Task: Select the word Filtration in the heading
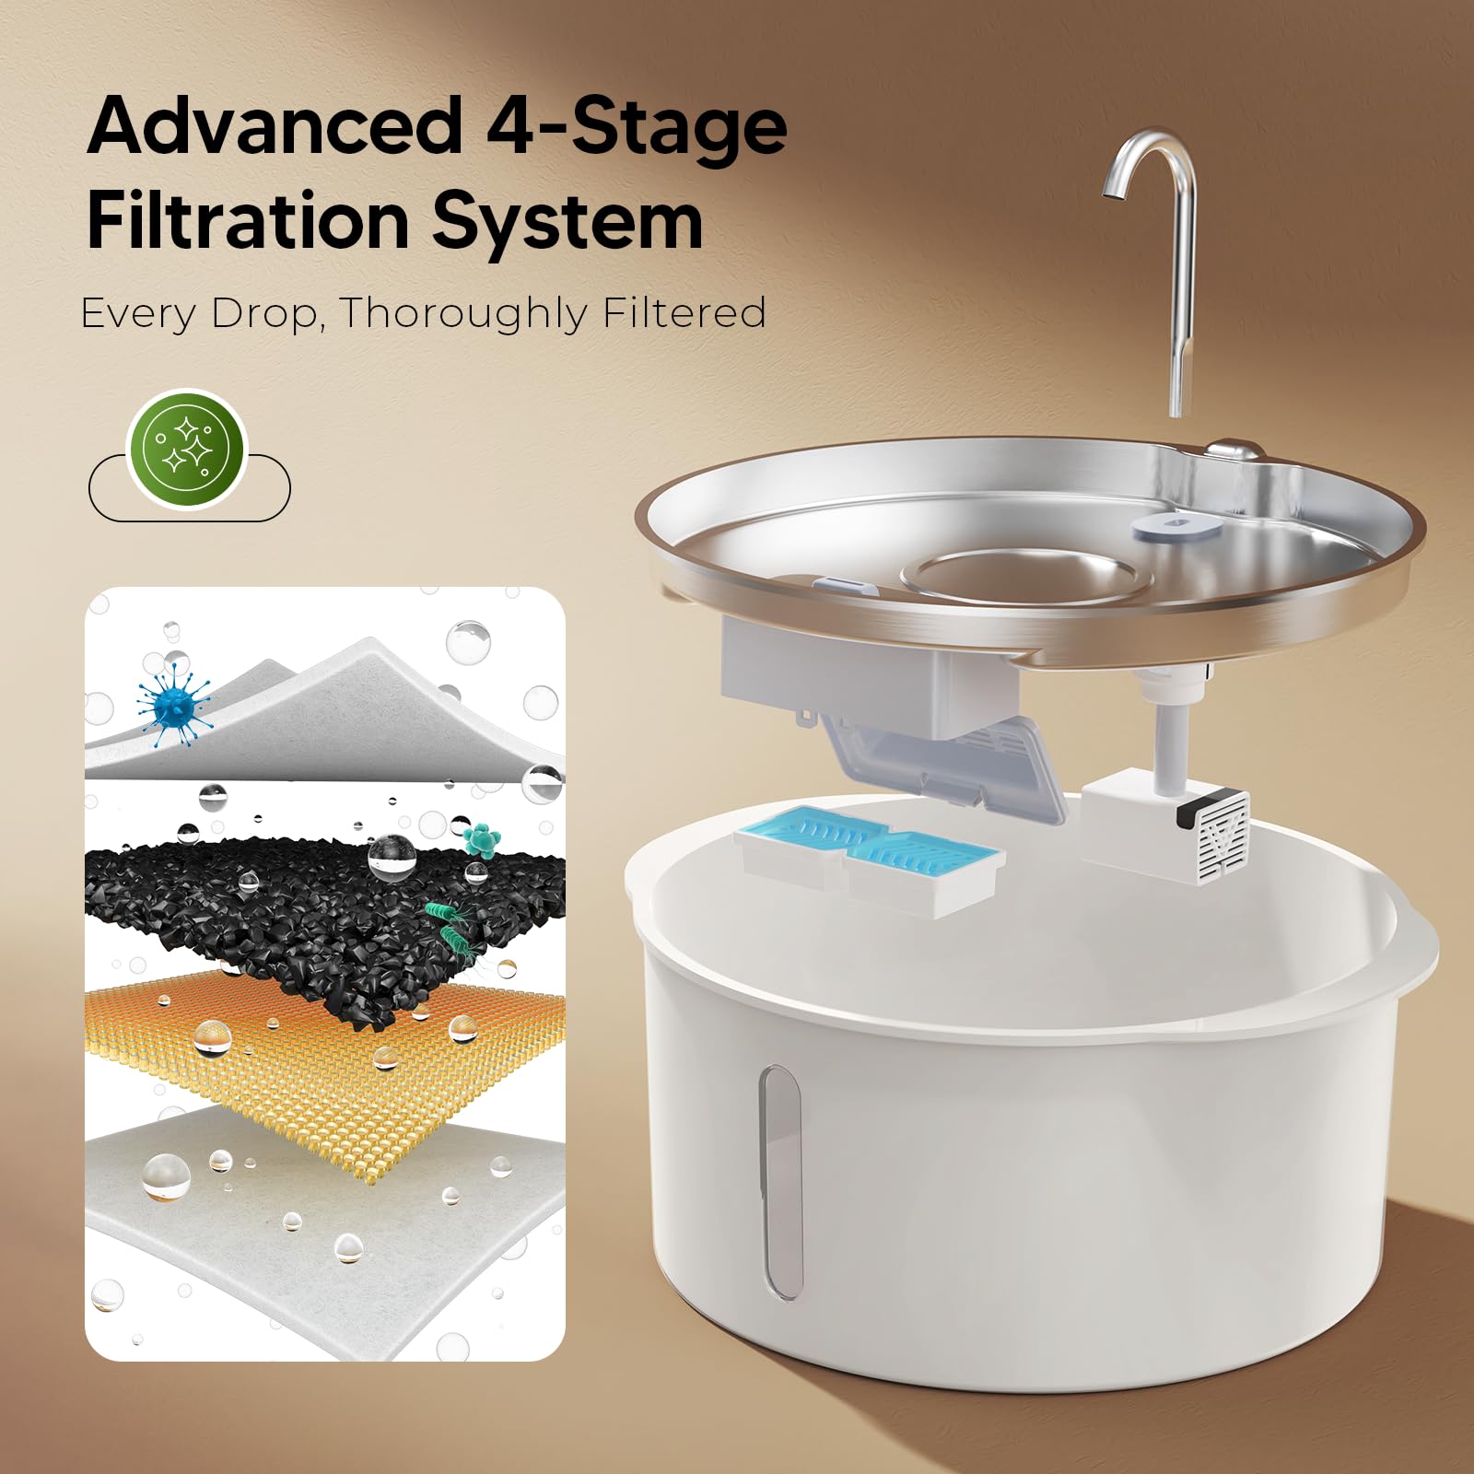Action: coord(248,221)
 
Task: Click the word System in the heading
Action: coord(567,225)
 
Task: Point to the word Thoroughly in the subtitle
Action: coord(462,315)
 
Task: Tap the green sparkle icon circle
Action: coord(188,450)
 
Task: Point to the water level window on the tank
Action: coord(779,1182)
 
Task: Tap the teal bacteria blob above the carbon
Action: coord(480,839)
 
